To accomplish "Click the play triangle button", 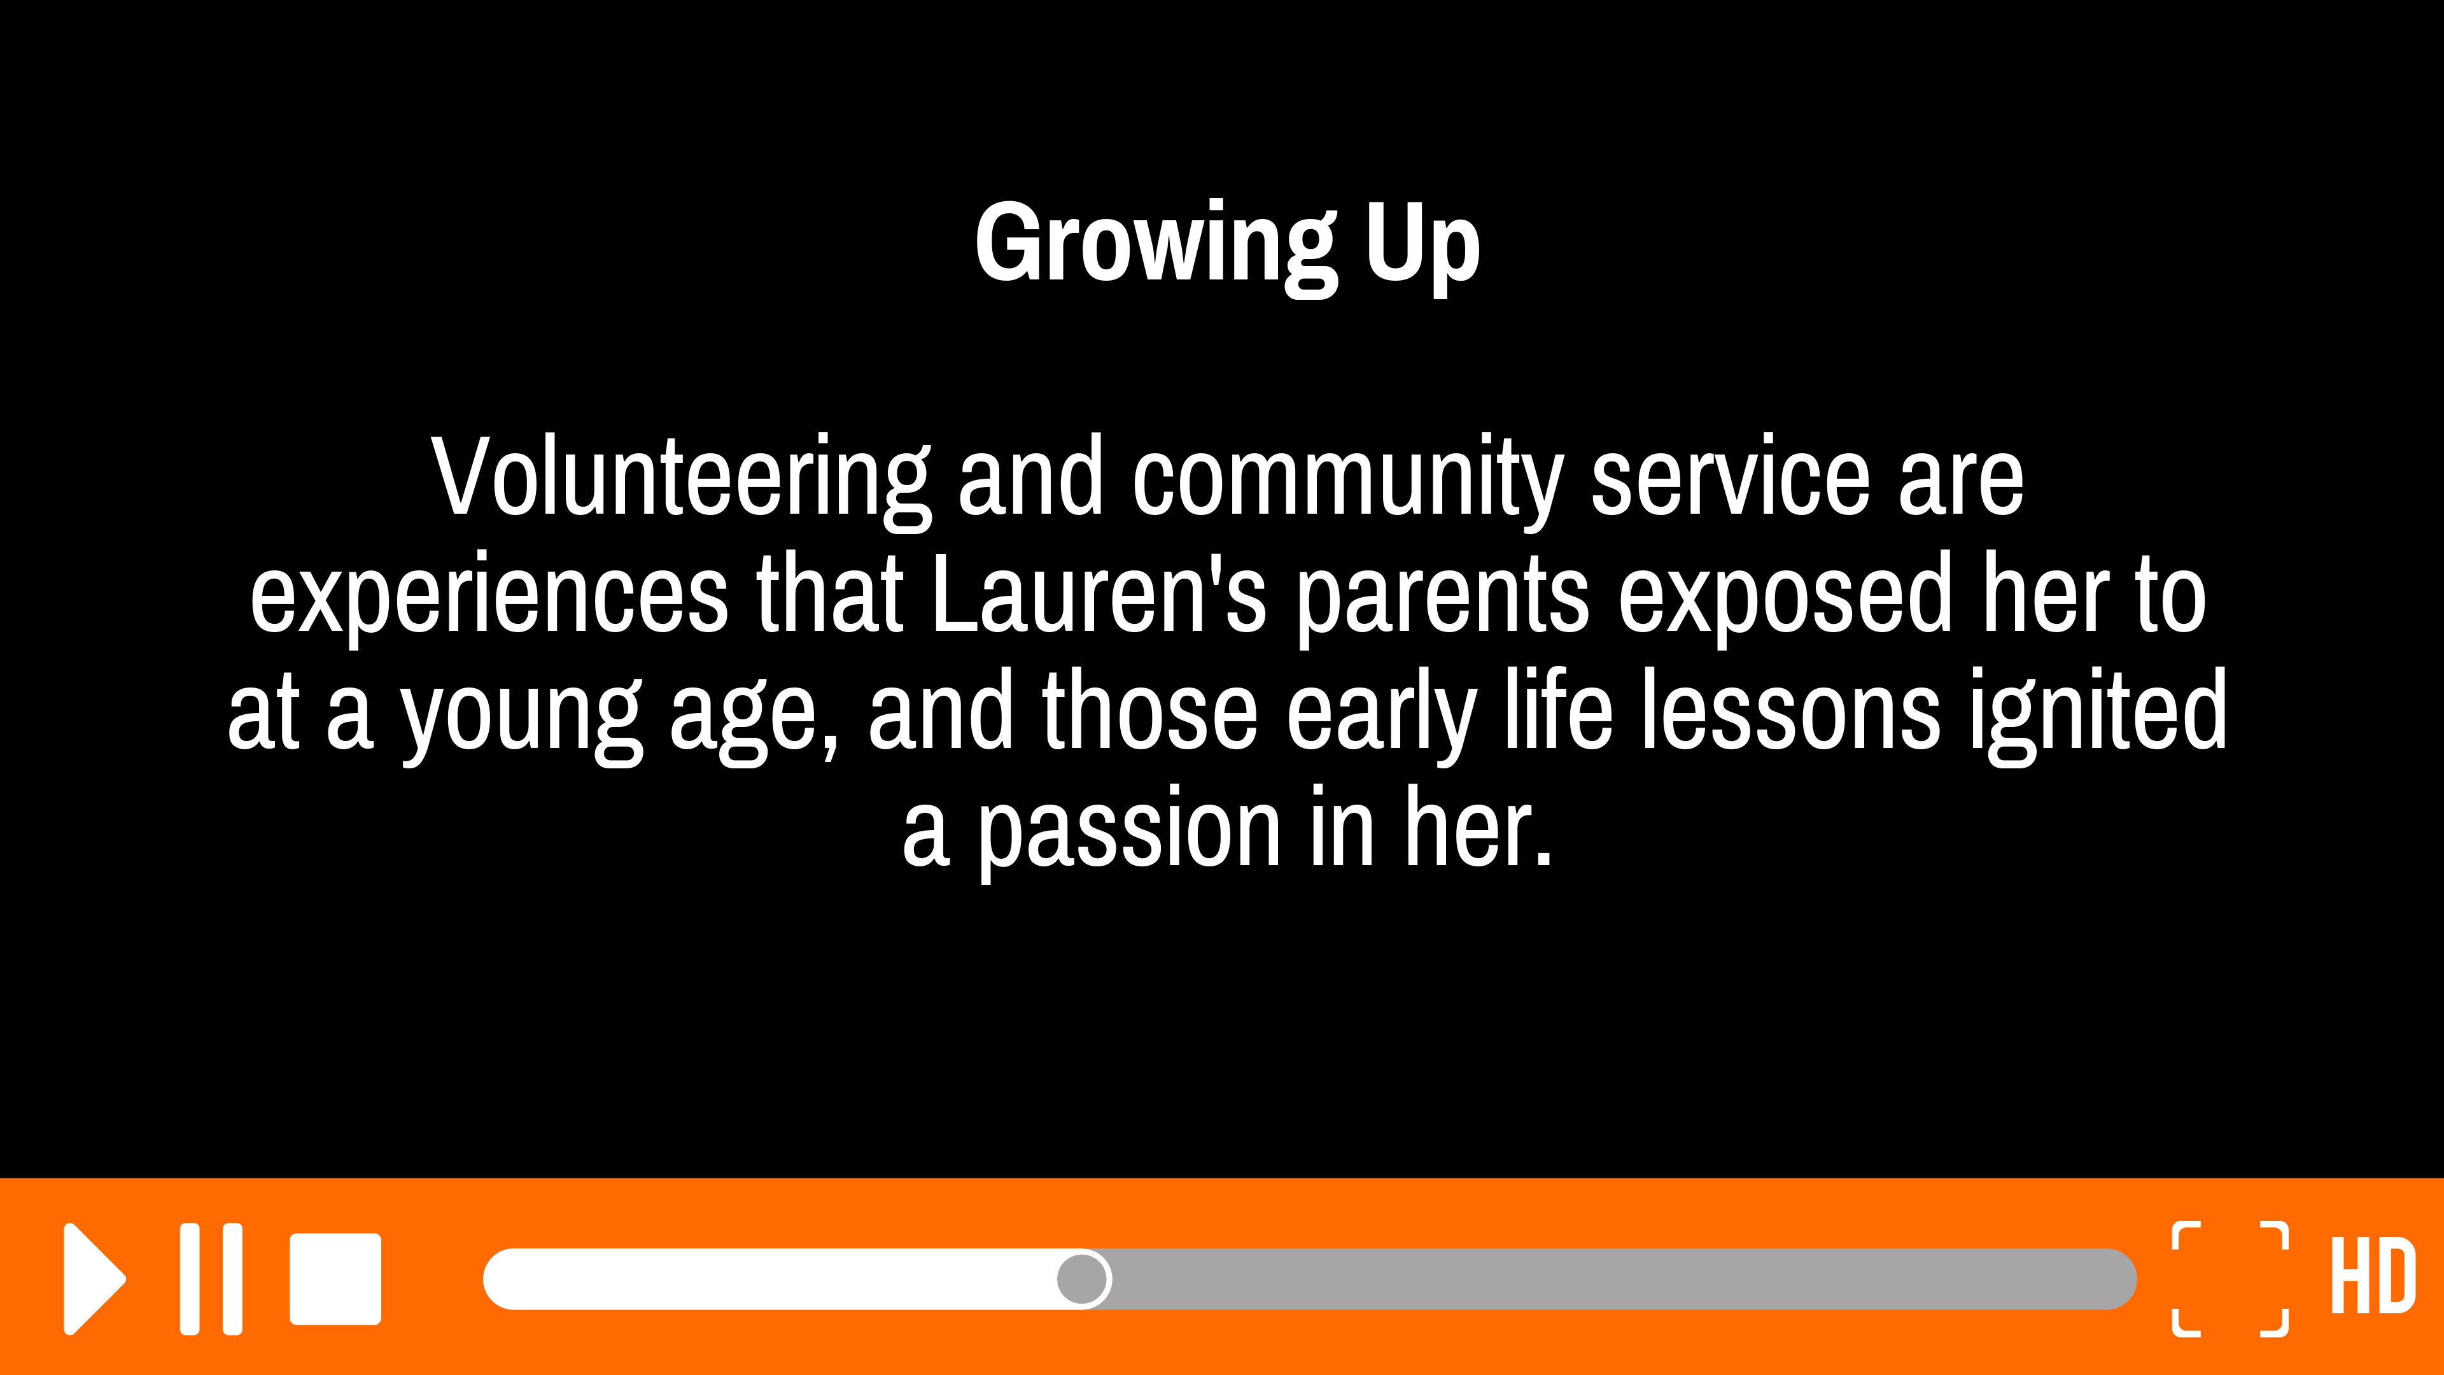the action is coord(92,1279).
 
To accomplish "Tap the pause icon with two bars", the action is coord(211,1279).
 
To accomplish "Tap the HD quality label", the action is coord(2373,1275).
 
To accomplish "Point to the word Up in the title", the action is coord(1423,247).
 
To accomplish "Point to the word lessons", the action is coord(1791,710).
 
